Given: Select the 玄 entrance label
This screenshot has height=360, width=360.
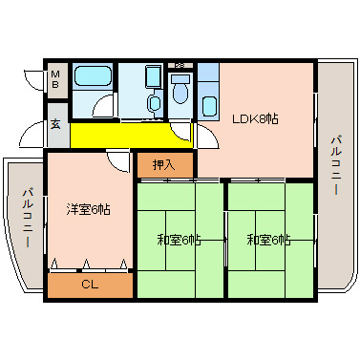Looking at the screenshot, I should click(x=55, y=123).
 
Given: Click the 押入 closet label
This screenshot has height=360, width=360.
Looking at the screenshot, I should click(x=164, y=165).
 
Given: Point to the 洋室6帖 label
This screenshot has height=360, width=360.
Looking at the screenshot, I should click(x=88, y=209).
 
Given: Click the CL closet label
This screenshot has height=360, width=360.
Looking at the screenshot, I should click(x=88, y=284).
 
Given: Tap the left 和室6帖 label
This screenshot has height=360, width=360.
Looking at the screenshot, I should click(x=179, y=239).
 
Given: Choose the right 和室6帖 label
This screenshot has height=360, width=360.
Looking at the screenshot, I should click(x=268, y=239).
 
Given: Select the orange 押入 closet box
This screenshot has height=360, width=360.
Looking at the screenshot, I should click(x=164, y=165).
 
